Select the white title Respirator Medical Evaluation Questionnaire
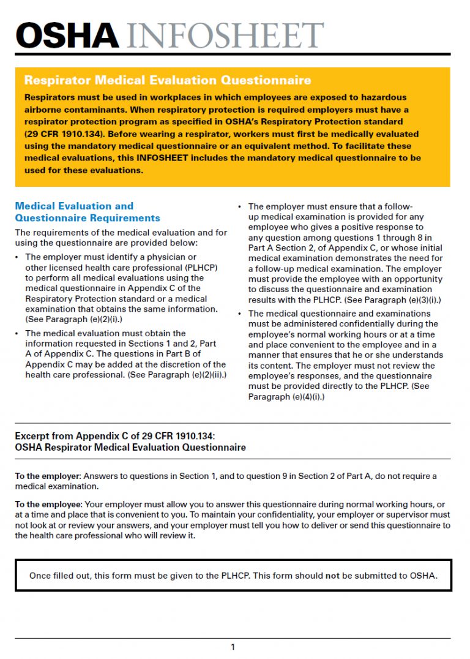[167, 80]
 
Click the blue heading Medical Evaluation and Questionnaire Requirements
[88, 212]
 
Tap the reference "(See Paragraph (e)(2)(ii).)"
[177, 375]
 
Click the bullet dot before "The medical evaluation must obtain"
[18, 334]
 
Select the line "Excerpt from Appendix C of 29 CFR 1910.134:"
[115, 436]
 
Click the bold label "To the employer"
[47, 476]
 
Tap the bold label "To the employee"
[48, 505]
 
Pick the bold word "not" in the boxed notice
[332, 576]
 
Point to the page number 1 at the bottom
[233, 647]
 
